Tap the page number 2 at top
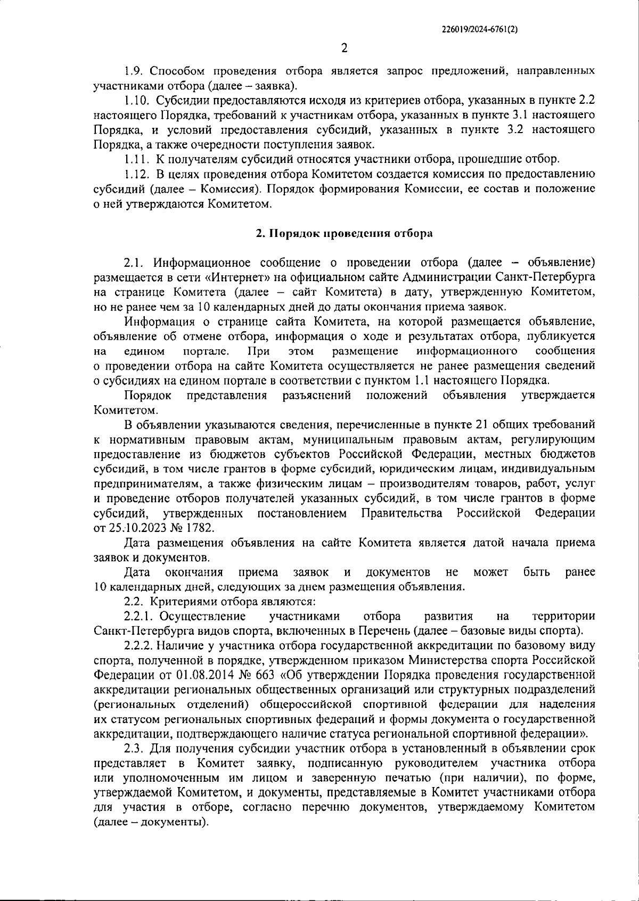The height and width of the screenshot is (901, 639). [344, 48]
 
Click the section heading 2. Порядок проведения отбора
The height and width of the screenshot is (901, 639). [343, 233]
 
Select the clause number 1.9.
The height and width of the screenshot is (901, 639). [134, 71]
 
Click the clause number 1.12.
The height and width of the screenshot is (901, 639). [137, 174]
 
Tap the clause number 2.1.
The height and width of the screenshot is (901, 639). [134, 263]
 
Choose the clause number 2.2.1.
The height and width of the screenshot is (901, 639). [139, 616]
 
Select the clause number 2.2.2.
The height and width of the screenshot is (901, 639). [139, 646]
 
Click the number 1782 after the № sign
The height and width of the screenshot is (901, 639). [199, 528]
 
